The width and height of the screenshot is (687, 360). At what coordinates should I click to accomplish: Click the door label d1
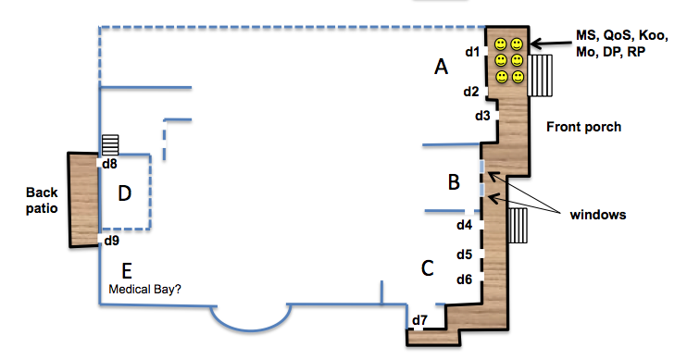pos(472,52)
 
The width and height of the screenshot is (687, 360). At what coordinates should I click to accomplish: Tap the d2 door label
pos(471,92)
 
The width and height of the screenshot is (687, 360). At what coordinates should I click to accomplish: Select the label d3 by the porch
pos(482,116)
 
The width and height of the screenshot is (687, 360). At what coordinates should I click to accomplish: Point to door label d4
pos(465,225)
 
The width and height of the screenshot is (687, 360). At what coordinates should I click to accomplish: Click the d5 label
pos(465,254)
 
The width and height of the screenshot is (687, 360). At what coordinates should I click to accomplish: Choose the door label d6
pos(465,279)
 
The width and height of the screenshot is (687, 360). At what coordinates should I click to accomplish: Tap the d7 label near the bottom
pos(419,320)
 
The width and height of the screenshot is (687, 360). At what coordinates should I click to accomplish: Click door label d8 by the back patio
pos(109,164)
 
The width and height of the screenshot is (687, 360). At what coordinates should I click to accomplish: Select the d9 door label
pos(111,241)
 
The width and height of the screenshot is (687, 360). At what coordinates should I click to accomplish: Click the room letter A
pos(442,67)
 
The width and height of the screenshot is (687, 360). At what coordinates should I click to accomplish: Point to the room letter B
pos(454,181)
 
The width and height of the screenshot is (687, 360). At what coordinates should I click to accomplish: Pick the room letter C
pos(427,268)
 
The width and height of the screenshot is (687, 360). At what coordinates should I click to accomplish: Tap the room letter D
pos(125,193)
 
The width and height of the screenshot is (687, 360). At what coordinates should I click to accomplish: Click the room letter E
pos(127,271)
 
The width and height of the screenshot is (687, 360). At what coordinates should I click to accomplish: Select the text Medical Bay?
pos(145,289)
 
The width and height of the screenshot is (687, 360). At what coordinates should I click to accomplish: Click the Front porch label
pos(583,127)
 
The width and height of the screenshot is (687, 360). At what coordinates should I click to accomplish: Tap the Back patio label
pos(42,200)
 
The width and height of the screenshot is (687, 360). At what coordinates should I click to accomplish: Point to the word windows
pos(598,215)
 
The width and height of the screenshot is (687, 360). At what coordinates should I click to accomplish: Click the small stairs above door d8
pos(110,144)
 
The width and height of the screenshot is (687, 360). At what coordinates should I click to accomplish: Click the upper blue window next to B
pos(482,167)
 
